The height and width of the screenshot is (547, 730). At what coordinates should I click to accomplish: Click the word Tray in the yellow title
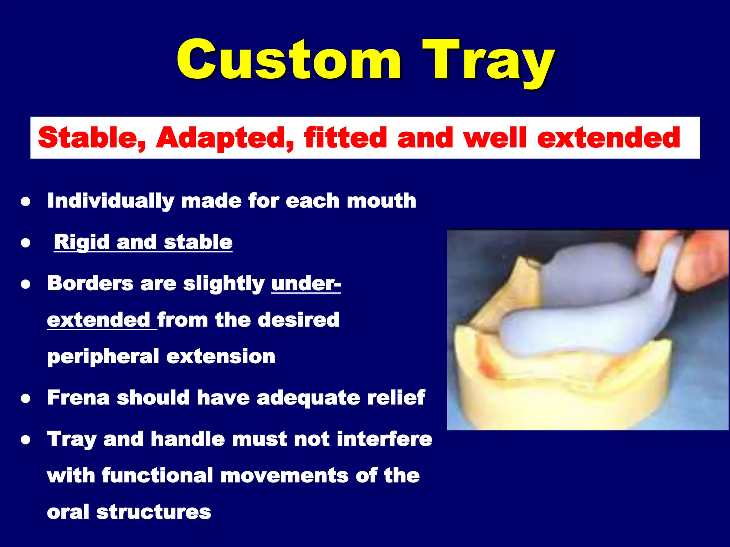pyautogui.click(x=488, y=61)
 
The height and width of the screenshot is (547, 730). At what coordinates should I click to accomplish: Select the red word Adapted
pyautogui.click(x=225, y=138)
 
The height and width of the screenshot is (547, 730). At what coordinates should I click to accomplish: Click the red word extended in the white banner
pyautogui.click(x=609, y=138)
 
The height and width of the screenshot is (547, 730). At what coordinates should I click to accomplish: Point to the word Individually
pyautogui.click(x=110, y=201)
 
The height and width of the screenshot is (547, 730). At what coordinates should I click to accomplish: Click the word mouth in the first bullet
pyautogui.click(x=382, y=201)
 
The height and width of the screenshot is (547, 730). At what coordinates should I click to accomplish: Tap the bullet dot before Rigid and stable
pyautogui.click(x=25, y=243)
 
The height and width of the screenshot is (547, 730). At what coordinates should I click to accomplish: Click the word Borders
pyautogui.click(x=90, y=283)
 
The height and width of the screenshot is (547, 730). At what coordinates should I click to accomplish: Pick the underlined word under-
pyautogui.click(x=306, y=284)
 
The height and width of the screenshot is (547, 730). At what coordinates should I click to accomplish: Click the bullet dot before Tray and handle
pyautogui.click(x=25, y=440)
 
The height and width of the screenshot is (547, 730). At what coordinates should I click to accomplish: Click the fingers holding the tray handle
pyautogui.click(x=699, y=260)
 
